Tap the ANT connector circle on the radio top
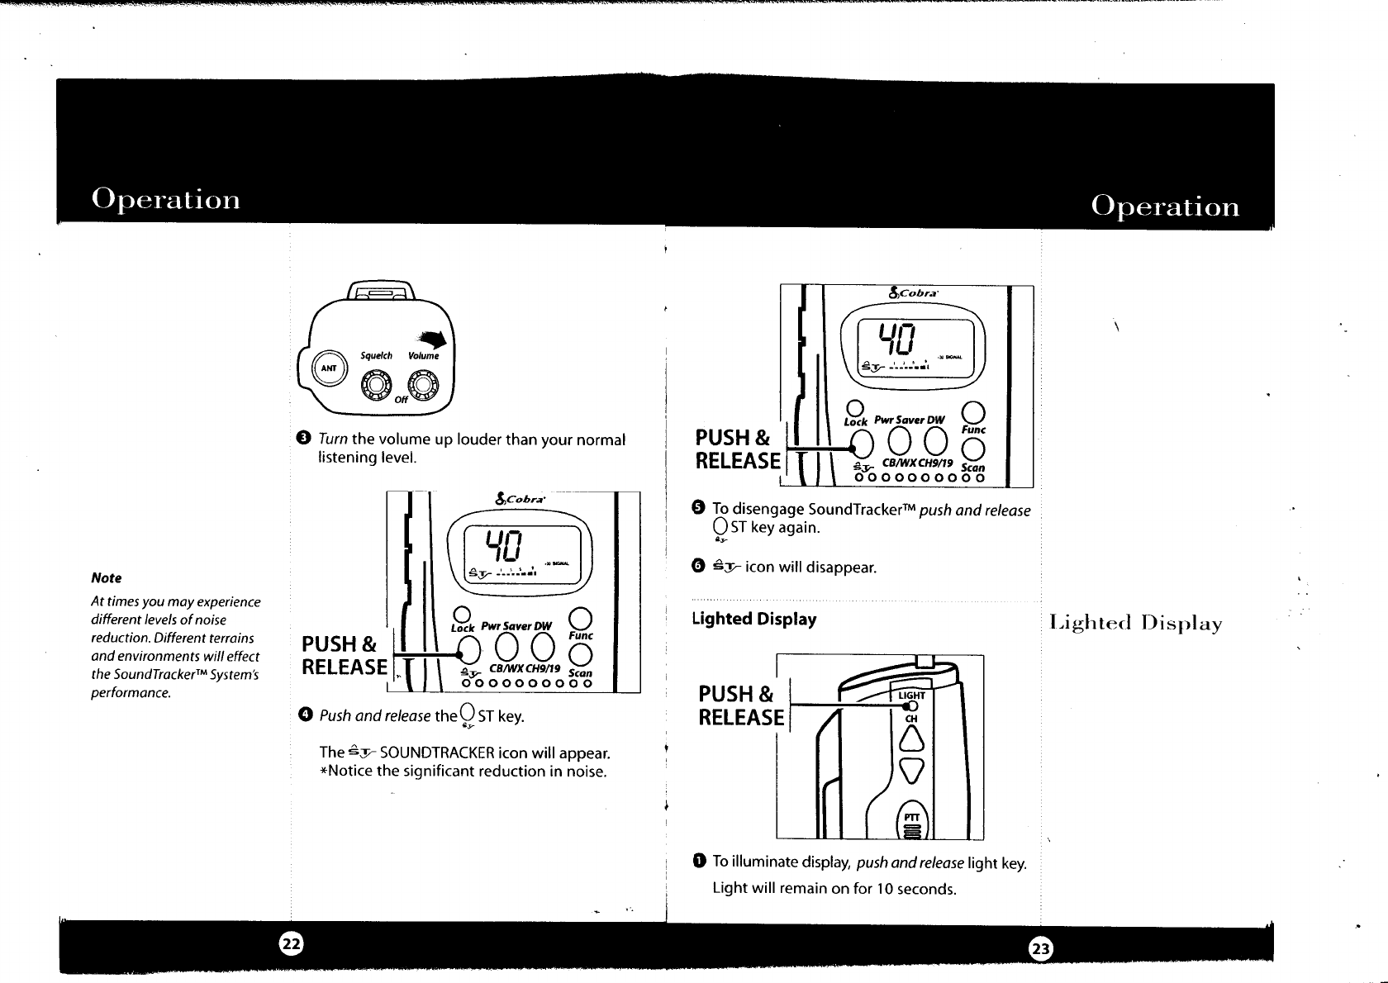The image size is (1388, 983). click(329, 368)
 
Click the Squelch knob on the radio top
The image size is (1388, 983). click(376, 385)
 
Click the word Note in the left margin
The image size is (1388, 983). click(106, 578)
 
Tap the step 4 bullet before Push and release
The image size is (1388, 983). click(304, 715)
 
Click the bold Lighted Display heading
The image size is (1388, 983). click(753, 620)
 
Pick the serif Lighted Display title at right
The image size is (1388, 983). click(1135, 624)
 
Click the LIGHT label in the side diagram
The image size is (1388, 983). click(912, 695)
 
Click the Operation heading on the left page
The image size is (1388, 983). click(166, 200)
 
